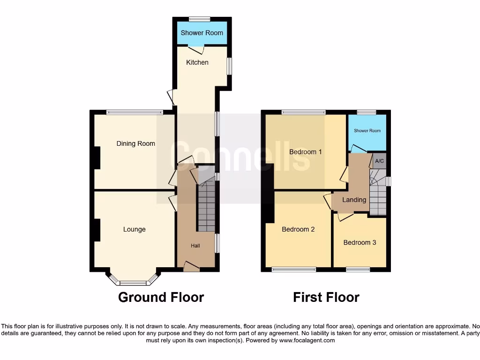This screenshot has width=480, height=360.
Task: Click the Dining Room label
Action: tap(135, 143)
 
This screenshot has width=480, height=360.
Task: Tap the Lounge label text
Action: tap(134, 229)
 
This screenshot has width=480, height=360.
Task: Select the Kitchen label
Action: tap(197, 62)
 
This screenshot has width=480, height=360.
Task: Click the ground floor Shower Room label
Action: tap(202, 33)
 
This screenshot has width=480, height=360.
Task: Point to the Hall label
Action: tap(195, 246)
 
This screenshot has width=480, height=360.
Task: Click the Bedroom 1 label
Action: tap(305, 152)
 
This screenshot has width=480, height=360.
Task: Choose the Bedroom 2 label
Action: tap(298, 229)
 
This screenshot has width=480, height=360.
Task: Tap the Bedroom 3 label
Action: tap(360, 242)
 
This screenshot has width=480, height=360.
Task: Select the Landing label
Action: tap(354, 200)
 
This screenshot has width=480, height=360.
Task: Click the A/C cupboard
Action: tap(379, 161)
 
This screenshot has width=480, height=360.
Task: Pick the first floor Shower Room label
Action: tap(367, 131)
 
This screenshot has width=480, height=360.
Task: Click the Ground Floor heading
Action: tap(161, 297)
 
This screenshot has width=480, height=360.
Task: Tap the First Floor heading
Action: tap(326, 297)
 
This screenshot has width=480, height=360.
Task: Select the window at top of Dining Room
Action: tap(134, 112)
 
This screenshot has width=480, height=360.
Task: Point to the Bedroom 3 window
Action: tap(358, 270)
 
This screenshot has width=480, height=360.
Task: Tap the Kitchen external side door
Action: tap(172, 97)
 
